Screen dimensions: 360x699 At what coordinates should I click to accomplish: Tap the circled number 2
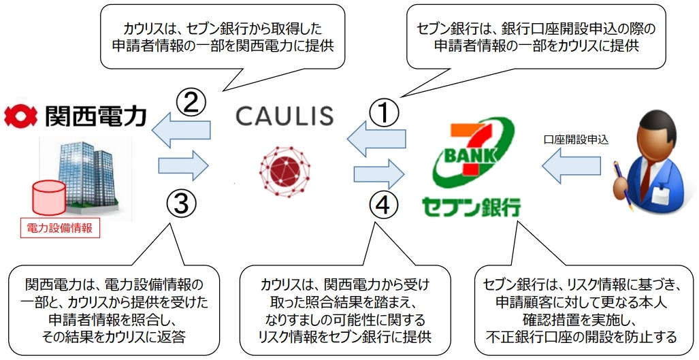click(191, 103)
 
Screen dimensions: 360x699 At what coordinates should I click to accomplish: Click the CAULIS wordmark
click(285, 116)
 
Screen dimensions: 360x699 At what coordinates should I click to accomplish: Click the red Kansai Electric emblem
click(20, 116)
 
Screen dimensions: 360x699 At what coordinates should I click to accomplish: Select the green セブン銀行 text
click(470, 204)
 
